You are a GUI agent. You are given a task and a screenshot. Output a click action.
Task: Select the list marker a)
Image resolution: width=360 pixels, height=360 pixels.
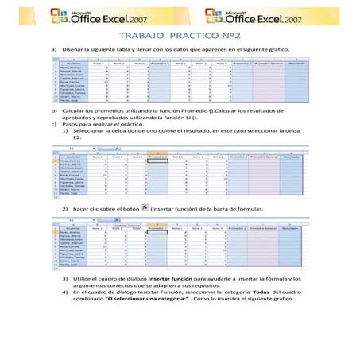click(53, 49)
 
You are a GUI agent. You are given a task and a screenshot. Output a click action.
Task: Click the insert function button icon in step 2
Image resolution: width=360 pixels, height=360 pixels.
click(143, 207)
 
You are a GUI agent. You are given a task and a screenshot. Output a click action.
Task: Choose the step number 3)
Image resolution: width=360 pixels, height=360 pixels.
click(65, 279)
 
